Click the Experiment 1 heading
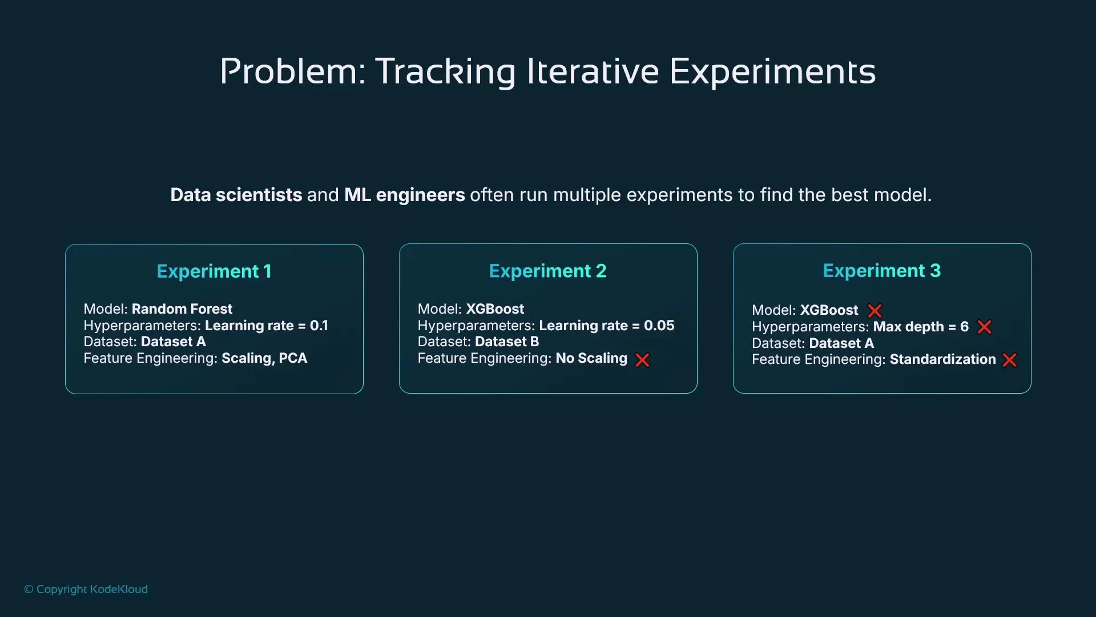point(214,271)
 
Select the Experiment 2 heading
point(547,271)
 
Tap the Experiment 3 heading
point(881,271)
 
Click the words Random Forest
point(182,309)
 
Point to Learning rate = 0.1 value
point(266,326)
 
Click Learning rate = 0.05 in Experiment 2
point(606,326)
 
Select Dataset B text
point(506,342)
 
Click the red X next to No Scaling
point(642,360)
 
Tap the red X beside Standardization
point(1009,360)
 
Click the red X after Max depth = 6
point(984,327)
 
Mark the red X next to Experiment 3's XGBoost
point(875,311)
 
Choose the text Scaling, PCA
point(264,358)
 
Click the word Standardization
point(942,359)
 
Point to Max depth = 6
point(921,327)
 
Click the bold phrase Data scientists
point(236,195)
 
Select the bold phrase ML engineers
point(404,195)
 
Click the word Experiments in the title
point(772,71)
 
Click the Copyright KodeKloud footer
point(86,589)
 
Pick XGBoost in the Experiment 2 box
point(494,309)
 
